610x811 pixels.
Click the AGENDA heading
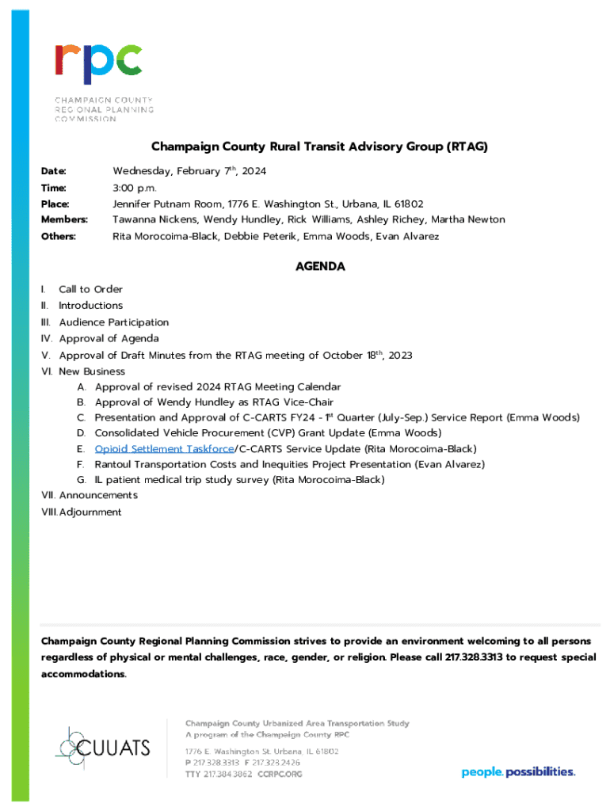click(319, 267)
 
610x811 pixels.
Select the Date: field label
click(54, 171)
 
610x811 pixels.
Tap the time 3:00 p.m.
click(135, 188)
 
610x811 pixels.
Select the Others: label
click(58, 237)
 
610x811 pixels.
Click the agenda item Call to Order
click(90, 289)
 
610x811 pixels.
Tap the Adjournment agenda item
click(90, 512)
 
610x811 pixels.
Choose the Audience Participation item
click(113, 322)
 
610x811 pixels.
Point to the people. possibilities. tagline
click(518, 771)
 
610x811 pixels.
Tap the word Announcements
click(98, 495)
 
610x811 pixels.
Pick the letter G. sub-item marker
click(82, 480)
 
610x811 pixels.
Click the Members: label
click(64, 219)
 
